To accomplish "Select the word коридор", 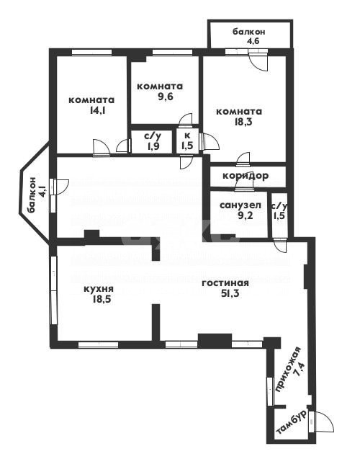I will pos(247,177).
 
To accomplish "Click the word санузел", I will pos(240,205).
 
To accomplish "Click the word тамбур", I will pos(292,425).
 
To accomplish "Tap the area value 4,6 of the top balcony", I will pos(250,43).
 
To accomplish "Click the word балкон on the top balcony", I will pos(250,32).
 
